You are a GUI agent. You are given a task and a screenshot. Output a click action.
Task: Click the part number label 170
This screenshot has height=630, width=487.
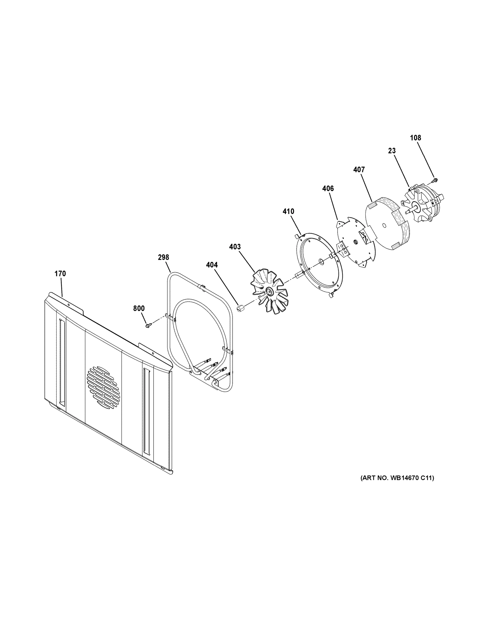(60, 274)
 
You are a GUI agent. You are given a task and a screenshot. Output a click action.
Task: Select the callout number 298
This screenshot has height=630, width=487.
(163, 257)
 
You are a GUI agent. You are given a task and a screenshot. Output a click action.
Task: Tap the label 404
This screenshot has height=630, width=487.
(212, 265)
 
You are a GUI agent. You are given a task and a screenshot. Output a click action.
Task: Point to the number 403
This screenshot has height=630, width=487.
(235, 247)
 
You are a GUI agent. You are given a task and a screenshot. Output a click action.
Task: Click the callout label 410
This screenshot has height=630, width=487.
(288, 211)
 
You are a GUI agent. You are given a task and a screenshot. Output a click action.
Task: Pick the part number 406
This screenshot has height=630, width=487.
(328, 188)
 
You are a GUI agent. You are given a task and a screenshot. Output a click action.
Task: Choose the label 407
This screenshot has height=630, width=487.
(359, 170)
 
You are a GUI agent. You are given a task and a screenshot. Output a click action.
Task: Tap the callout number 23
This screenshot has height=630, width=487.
(392, 151)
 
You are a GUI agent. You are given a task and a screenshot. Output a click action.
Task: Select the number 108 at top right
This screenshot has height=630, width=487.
(415, 138)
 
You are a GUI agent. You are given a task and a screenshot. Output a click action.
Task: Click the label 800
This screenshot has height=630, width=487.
(139, 308)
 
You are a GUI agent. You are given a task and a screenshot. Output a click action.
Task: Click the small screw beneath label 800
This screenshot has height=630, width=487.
(148, 326)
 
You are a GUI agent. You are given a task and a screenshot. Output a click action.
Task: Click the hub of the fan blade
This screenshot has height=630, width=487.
(270, 292)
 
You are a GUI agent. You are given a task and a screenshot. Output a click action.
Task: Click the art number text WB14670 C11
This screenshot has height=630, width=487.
(397, 478)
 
